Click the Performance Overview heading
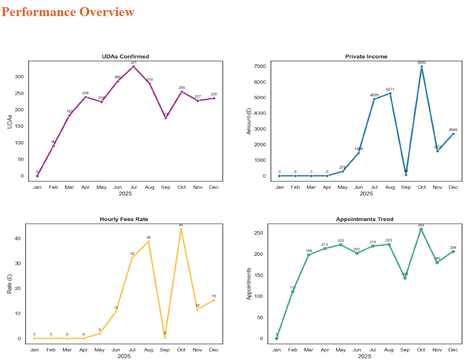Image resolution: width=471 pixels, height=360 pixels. (x=68, y=12)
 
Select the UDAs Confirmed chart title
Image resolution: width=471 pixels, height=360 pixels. (x=125, y=56)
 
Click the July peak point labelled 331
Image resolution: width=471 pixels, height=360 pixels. (x=133, y=66)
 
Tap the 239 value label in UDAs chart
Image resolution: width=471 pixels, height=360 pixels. (x=86, y=93)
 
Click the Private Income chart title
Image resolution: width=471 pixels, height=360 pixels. (x=366, y=56)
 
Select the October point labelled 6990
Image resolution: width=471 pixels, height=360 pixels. (x=422, y=67)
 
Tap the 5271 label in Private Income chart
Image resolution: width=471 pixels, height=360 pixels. (x=389, y=90)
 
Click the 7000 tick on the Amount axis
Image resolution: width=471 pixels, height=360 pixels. (x=260, y=66)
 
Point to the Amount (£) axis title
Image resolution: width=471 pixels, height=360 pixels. (x=248, y=121)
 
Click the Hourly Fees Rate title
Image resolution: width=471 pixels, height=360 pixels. (x=124, y=219)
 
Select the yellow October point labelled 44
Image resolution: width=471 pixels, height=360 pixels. (x=181, y=230)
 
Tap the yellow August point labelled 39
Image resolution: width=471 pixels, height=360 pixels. (x=149, y=242)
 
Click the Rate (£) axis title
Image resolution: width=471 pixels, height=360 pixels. (x=9, y=283)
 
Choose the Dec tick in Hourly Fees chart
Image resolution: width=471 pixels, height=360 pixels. (x=214, y=349)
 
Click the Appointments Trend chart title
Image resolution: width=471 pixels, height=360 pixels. (x=365, y=219)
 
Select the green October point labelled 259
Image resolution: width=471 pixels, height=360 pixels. (x=421, y=230)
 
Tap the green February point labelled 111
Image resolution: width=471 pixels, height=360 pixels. (x=293, y=292)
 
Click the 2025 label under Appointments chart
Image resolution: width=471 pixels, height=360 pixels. (x=365, y=356)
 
